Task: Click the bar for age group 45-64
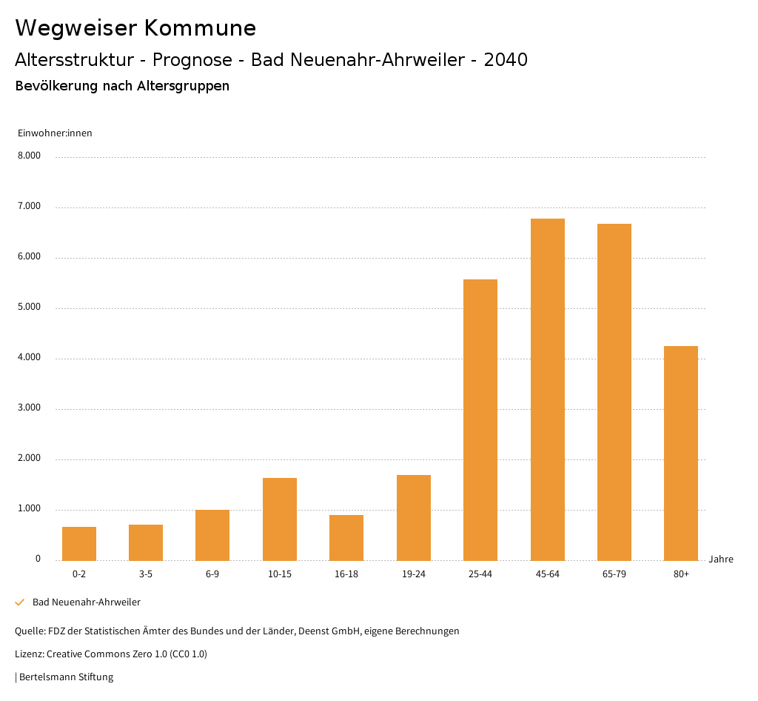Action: (x=547, y=389)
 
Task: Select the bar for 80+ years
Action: (x=681, y=453)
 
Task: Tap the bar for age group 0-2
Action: (x=79, y=543)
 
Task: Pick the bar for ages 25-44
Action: (x=480, y=419)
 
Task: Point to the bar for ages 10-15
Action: (x=280, y=519)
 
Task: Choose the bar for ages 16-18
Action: (x=346, y=537)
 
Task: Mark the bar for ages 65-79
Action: (x=614, y=392)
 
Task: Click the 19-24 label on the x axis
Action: (x=413, y=574)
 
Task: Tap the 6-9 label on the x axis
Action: (x=212, y=574)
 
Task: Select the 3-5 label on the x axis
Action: (x=146, y=574)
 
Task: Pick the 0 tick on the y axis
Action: (x=38, y=559)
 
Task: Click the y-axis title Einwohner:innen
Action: (x=55, y=133)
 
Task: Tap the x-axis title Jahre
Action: (x=721, y=559)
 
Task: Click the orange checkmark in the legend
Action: (x=20, y=602)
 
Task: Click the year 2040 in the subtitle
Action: (x=506, y=60)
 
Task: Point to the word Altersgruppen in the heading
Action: (x=183, y=86)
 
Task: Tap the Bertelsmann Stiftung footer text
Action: (x=66, y=677)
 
